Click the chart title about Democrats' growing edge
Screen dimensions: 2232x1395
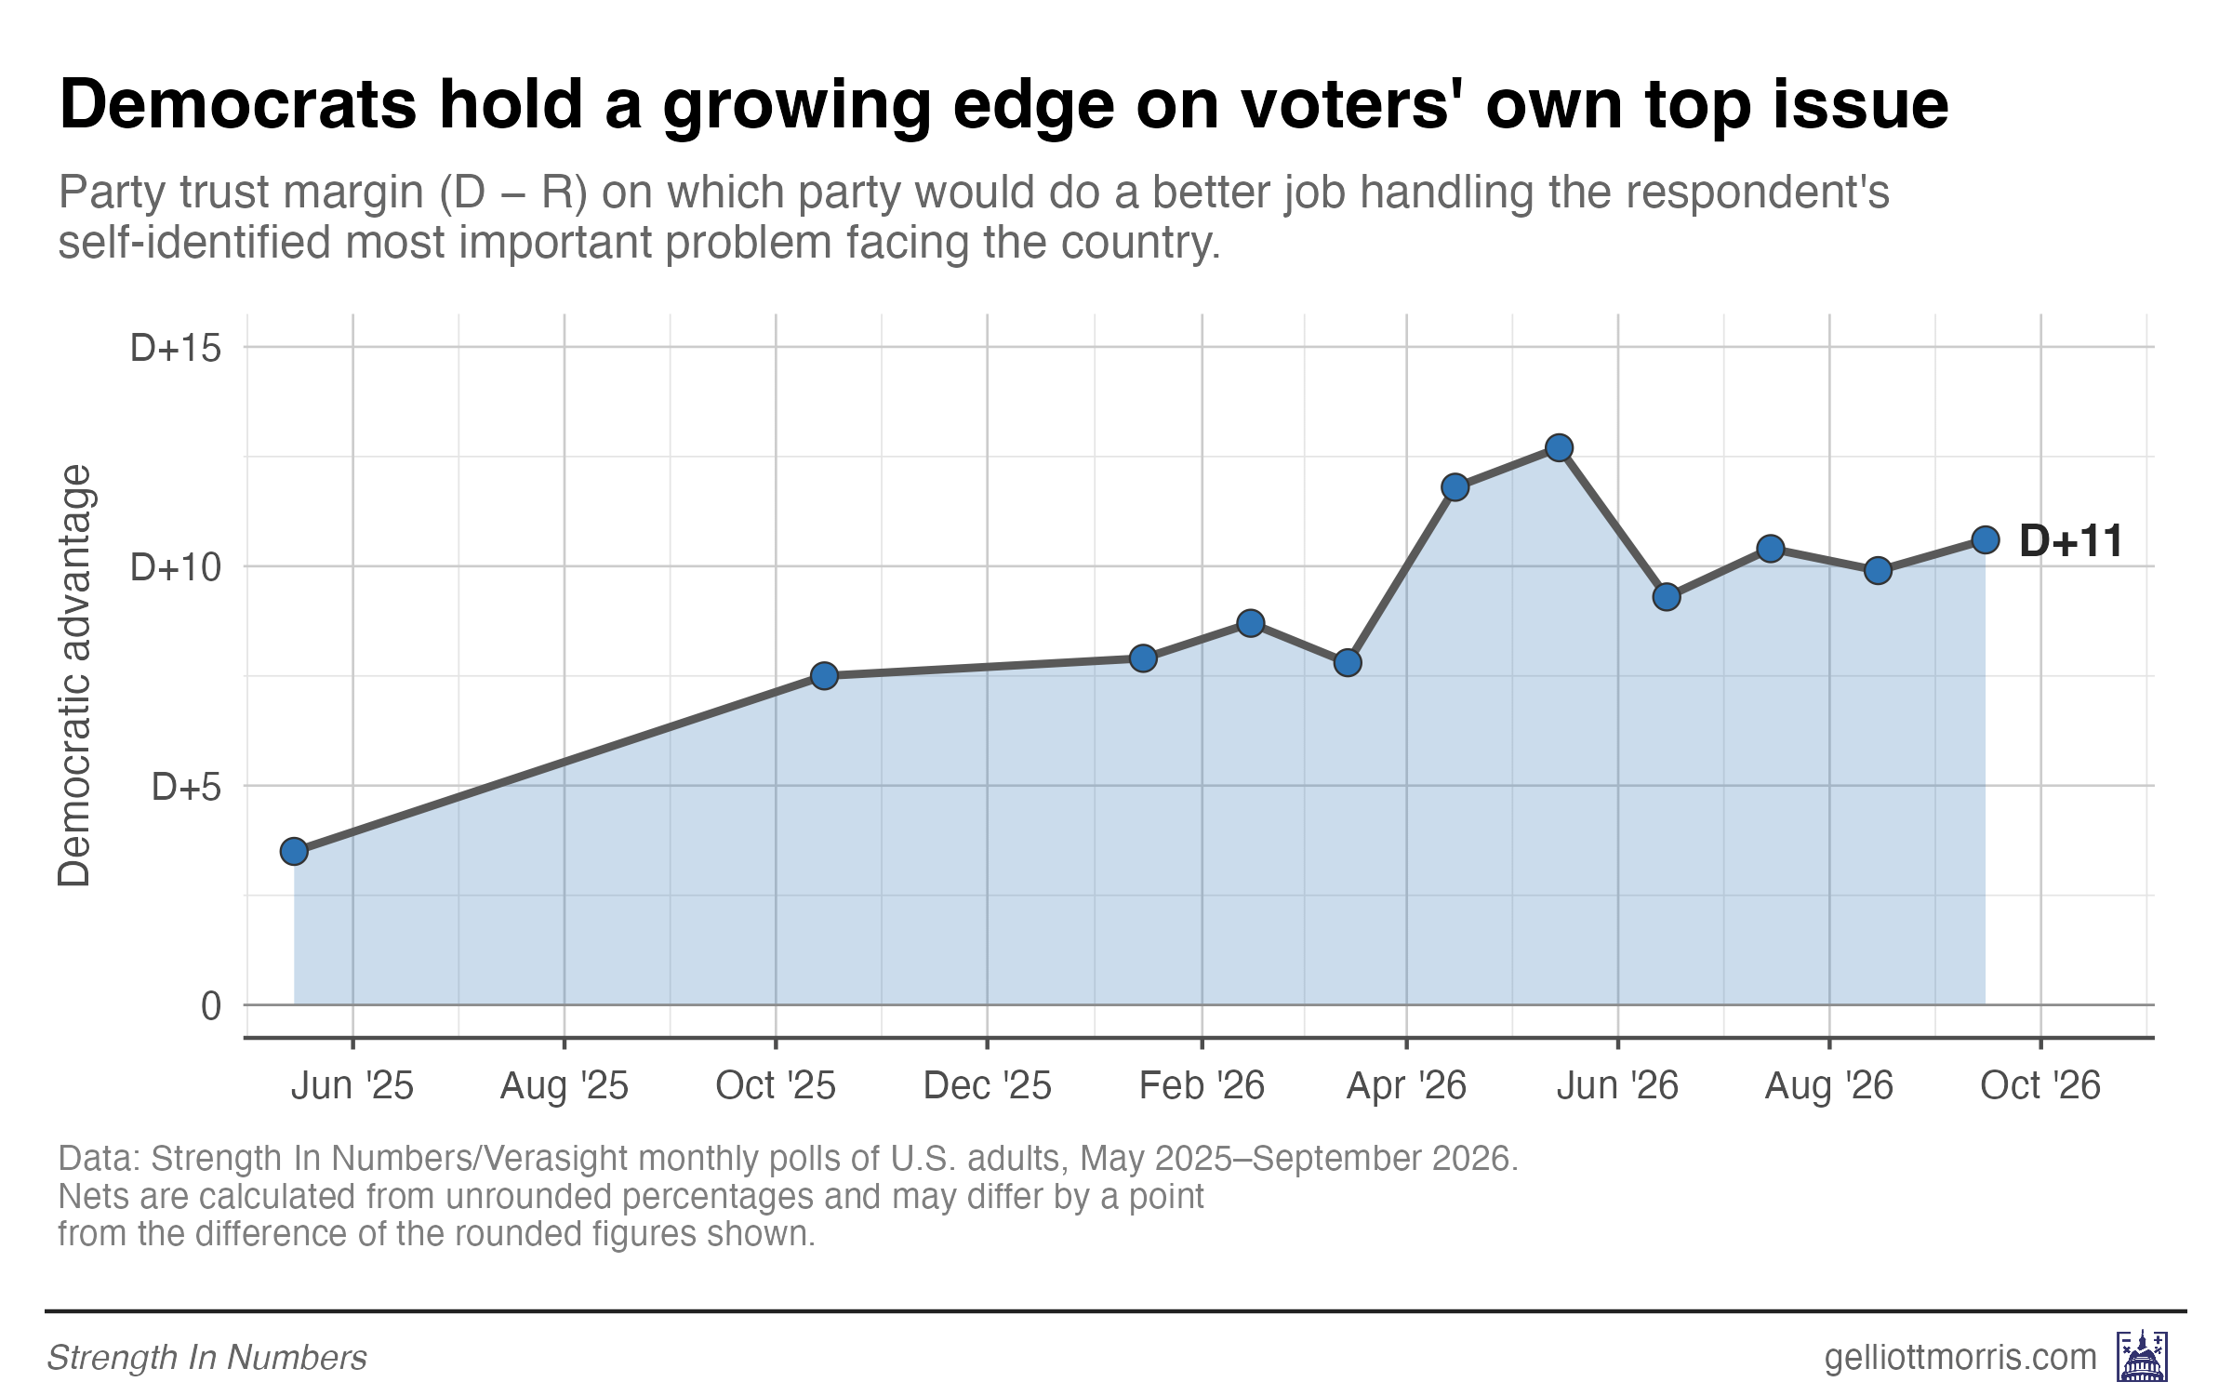pos(1003,105)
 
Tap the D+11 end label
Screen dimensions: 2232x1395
pos(2071,540)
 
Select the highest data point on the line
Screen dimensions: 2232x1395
pos(1560,448)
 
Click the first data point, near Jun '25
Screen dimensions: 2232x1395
pos(294,851)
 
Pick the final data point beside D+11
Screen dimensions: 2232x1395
pos(1986,540)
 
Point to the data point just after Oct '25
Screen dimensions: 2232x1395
pos(824,676)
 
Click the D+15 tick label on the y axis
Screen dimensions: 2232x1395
pos(176,348)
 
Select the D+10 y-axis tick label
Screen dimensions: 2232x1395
pos(176,567)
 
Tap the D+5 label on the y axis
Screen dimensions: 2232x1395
pos(187,787)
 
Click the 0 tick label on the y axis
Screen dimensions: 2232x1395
pos(211,1006)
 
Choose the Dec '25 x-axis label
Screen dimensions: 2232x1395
pos(987,1085)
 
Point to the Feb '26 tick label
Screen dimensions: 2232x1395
pos(1202,1085)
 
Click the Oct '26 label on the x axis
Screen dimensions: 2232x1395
pos(2040,1085)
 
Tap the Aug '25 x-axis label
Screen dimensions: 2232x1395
pos(565,1086)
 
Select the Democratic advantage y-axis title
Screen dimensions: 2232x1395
pos(74,675)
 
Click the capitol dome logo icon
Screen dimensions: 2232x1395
pos(2143,1356)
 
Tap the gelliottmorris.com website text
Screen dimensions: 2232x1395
pos(1960,1358)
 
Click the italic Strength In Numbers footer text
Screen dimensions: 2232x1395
pos(206,1358)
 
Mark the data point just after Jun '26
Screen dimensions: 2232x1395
pos(1667,597)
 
